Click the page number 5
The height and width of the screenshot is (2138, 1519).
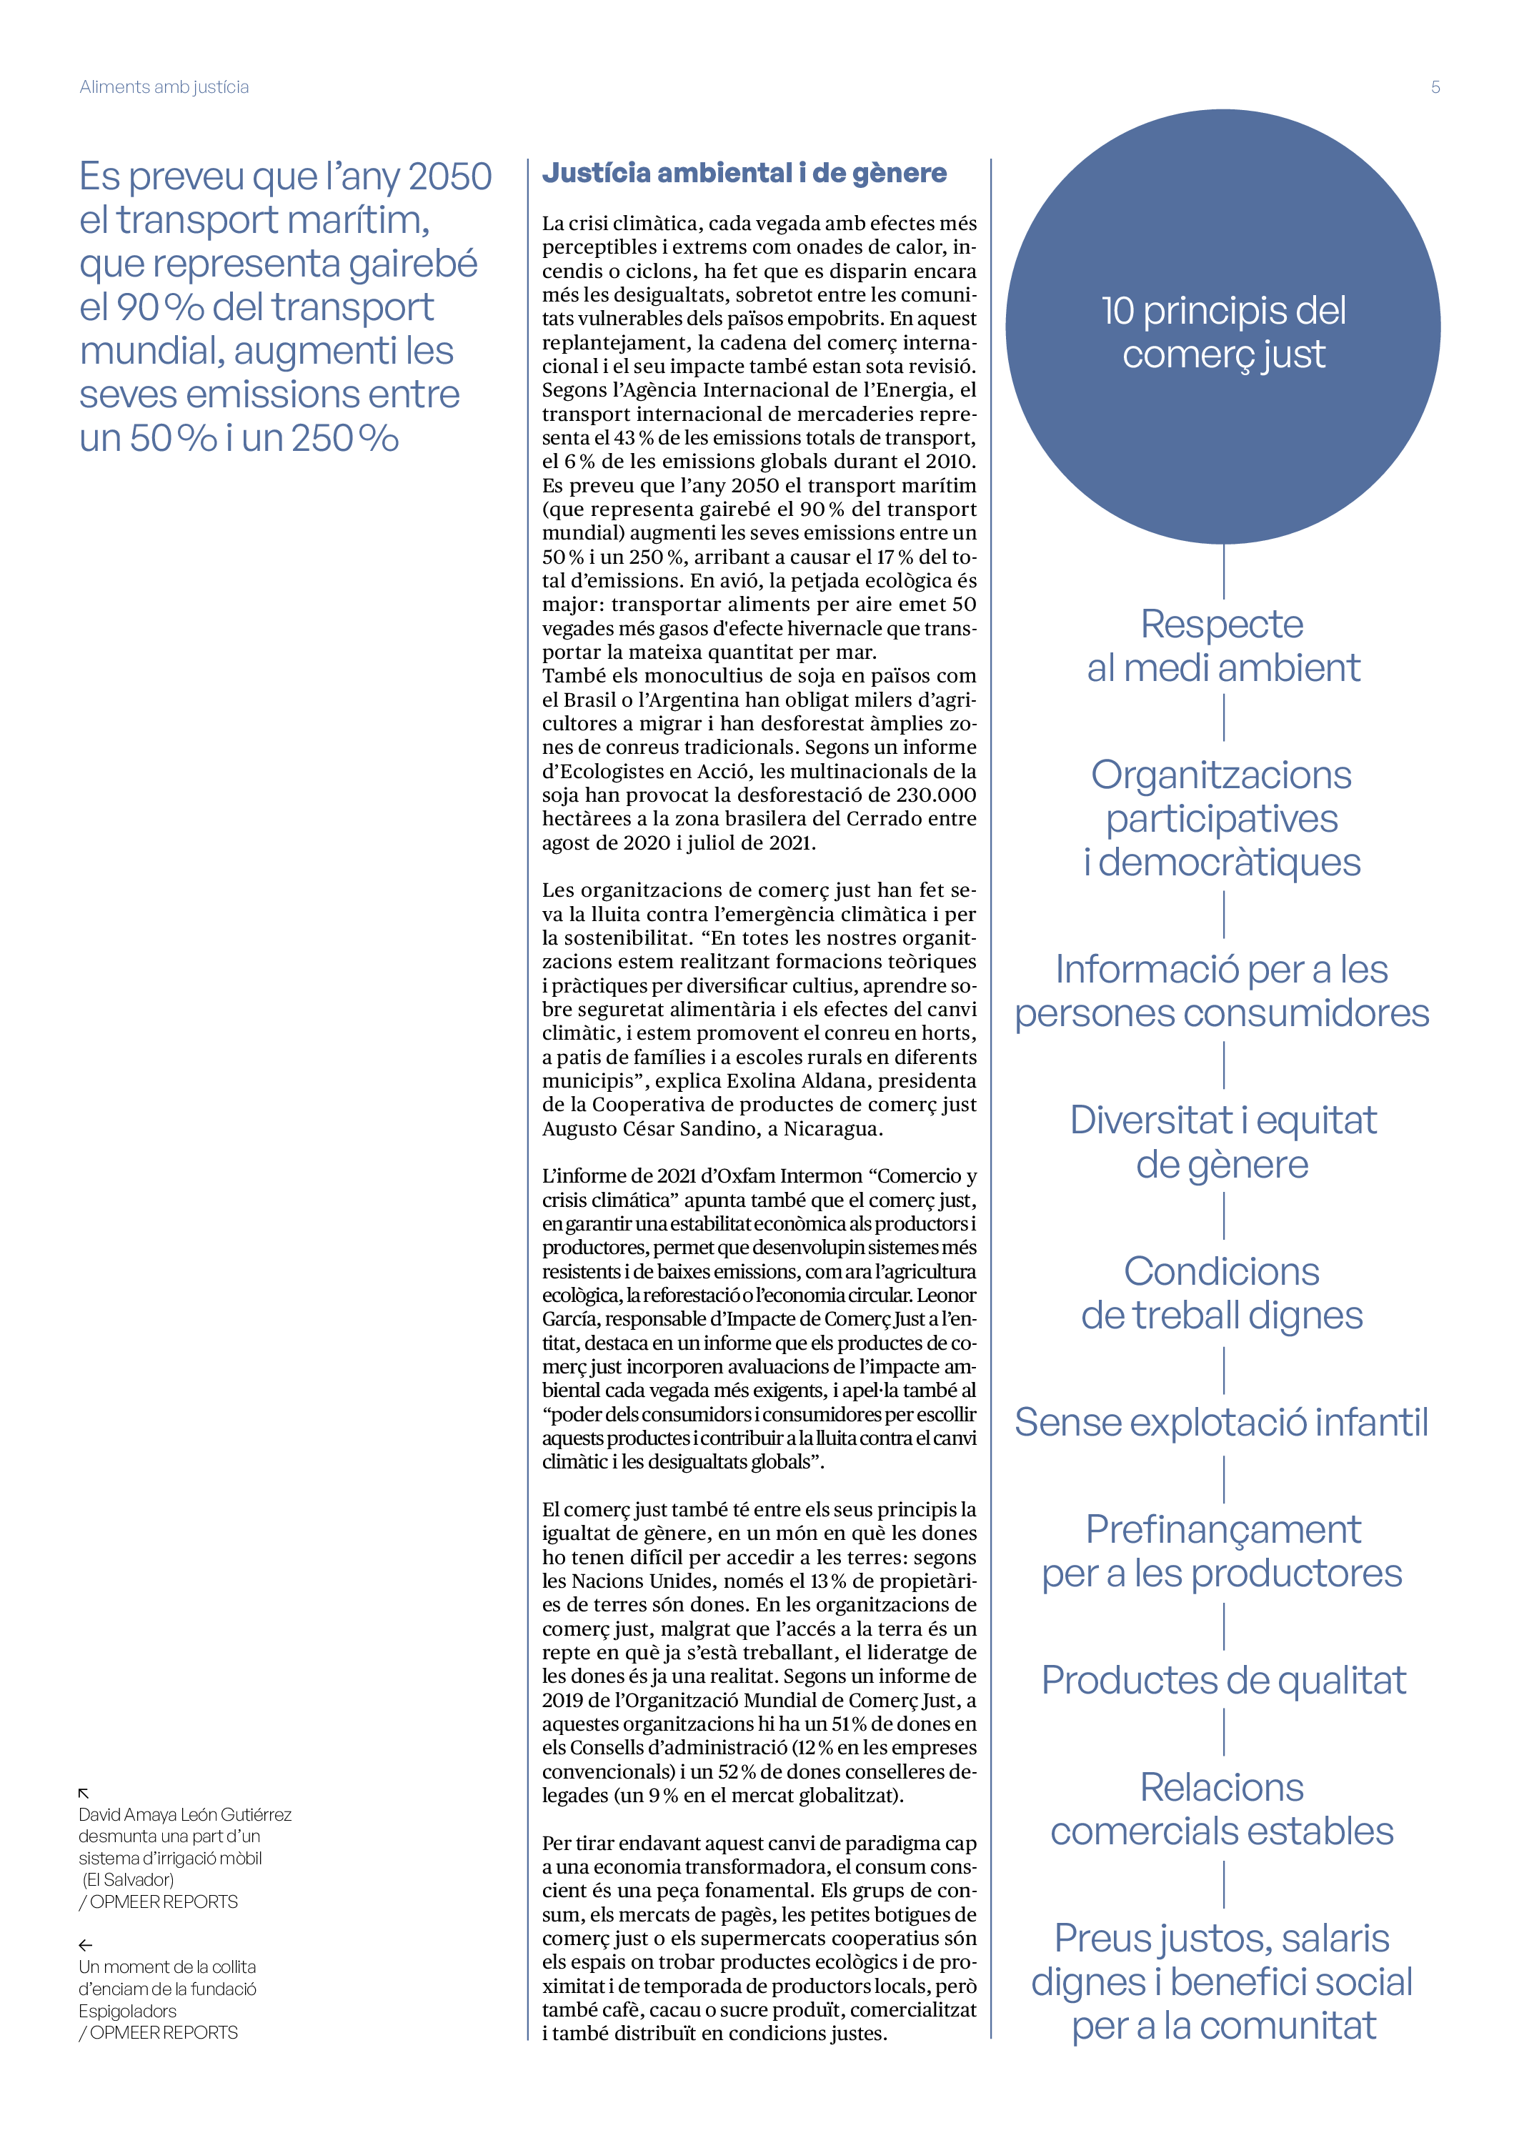(x=1435, y=87)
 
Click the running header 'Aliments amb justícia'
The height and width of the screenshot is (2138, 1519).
(x=164, y=87)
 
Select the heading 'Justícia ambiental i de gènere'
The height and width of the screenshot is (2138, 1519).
(x=744, y=173)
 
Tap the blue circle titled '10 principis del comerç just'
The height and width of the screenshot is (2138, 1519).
(x=1222, y=327)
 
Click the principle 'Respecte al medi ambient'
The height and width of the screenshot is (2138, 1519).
(x=1222, y=645)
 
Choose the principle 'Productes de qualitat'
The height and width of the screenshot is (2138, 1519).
(x=1223, y=1680)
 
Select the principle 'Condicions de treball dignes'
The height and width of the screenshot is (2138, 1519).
(x=1222, y=1293)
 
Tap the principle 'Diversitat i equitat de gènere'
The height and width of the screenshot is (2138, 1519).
(x=1222, y=1142)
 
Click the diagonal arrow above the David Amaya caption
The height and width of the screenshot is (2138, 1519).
(x=84, y=1793)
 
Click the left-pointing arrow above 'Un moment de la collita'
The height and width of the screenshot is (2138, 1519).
(x=85, y=1945)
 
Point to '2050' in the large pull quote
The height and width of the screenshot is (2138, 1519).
(x=450, y=176)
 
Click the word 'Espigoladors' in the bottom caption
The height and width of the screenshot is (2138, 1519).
(x=127, y=2011)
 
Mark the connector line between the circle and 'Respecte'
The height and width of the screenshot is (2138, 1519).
(x=1223, y=572)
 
